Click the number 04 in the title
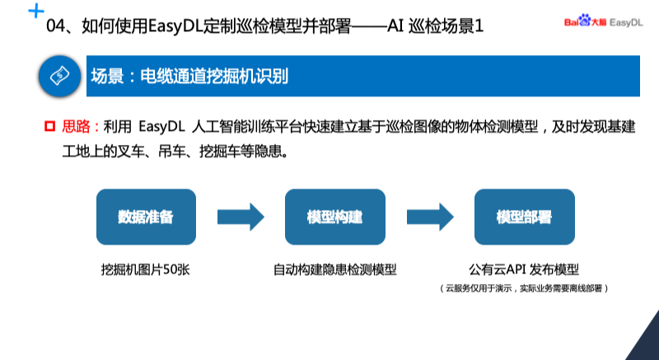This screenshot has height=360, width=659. (x=56, y=27)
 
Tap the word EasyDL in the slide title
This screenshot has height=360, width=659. (x=177, y=27)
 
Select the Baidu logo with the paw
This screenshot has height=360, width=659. (x=584, y=23)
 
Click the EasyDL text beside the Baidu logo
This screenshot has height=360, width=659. (x=627, y=23)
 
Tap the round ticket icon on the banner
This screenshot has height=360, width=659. (x=58, y=77)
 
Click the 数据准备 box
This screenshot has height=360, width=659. (x=146, y=217)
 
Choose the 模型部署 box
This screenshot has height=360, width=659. (x=524, y=217)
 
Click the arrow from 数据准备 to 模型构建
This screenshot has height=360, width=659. (x=241, y=217)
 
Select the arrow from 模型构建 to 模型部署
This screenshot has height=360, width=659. (x=430, y=217)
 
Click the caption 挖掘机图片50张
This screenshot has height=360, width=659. (x=146, y=269)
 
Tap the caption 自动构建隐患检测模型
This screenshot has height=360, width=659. (x=335, y=269)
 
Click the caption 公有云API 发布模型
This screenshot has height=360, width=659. (x=524, y=269)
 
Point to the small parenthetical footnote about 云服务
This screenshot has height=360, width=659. (x=524, y=288)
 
